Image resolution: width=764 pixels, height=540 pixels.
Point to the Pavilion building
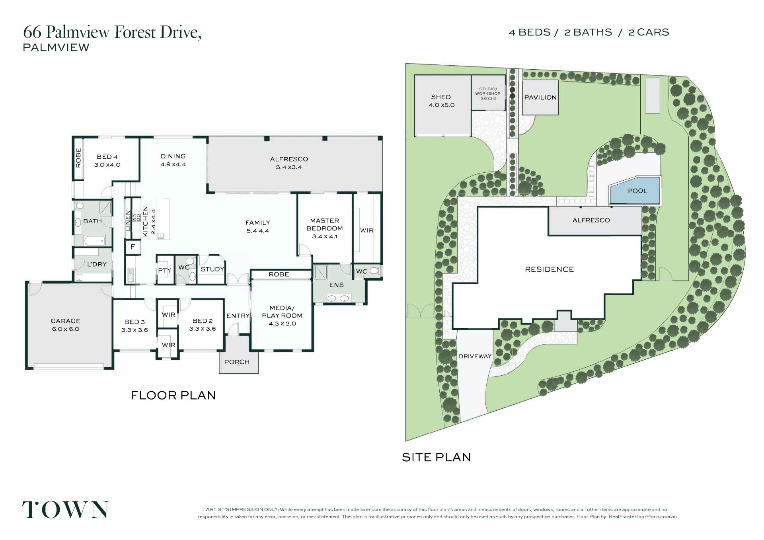tap(540, 97)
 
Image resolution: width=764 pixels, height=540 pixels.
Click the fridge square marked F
tap(133, 247)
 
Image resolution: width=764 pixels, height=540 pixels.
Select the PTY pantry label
tap(165, 270)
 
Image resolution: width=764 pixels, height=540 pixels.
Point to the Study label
tap(212, 269)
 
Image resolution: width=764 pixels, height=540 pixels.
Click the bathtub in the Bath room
tap(94, 240)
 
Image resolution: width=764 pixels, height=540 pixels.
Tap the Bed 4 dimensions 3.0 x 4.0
tap(107, 165)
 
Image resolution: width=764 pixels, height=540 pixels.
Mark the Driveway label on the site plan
tap(475, 356)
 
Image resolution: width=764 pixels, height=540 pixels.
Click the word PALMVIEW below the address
tap(56, 47)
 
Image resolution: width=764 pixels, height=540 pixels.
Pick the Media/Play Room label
tap(282, 316)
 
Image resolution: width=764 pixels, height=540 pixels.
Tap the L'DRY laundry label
tap(97, 264)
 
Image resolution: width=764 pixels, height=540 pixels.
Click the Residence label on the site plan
tap(549, 269)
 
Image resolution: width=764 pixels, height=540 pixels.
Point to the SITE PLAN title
tap(437, 457)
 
